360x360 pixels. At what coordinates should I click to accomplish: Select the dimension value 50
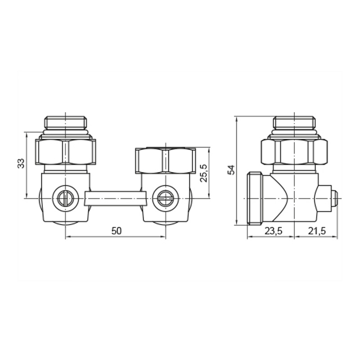pyautogui.click(x=117, y=231)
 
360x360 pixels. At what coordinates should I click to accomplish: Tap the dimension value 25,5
pyautogui.click(x=203, y=172)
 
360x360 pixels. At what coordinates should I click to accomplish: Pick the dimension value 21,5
pyautogui.click(x=317, y=231)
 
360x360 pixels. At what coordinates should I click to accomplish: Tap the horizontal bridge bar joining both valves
pyautogui.click(x=116, y=198)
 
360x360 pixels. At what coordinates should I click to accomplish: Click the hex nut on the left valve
pyautogui.click(x=66, y=152)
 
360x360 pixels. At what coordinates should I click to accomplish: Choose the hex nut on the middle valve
pyautogui.click(x=165, y=160)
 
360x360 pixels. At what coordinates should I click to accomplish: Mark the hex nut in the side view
pyautogui.click(x=294, y=152)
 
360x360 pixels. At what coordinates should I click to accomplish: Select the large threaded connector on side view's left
pyautogui.click(x=256, y=198)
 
